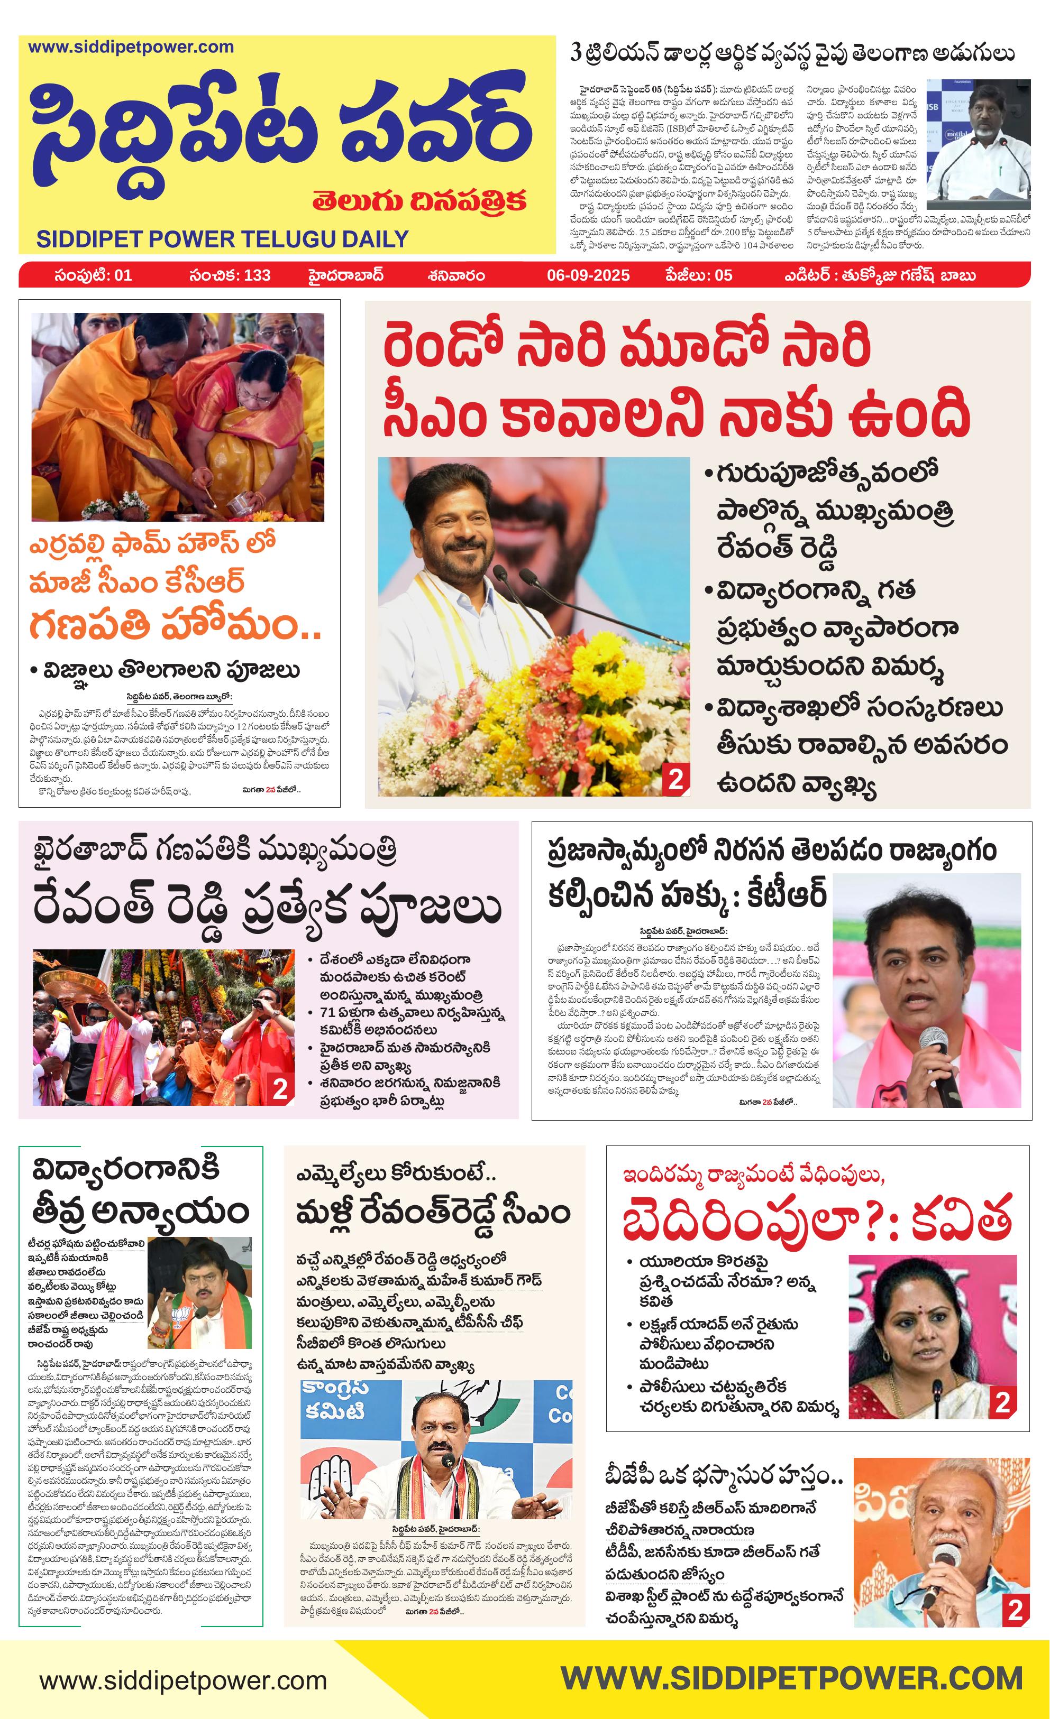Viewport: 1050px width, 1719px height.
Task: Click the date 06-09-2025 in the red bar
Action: click(588, 275)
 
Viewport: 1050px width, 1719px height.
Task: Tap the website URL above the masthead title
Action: click(131, 48)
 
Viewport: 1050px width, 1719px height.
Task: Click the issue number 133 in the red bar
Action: click(257, 275)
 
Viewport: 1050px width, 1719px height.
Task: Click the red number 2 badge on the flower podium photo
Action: click(675, 779)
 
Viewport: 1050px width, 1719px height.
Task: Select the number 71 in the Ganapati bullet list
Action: click(327, 1012)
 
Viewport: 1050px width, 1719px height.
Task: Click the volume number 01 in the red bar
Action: click(122, 275)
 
